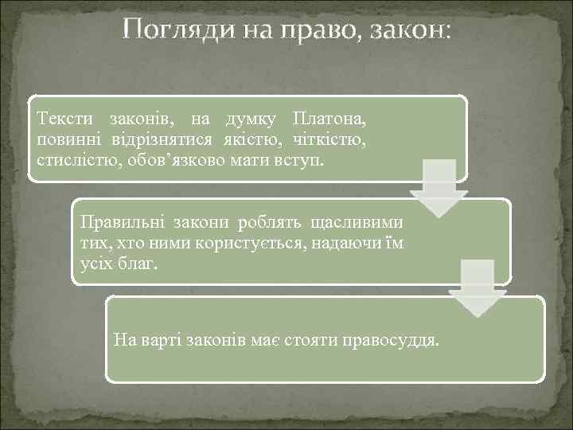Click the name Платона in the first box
click(x=329, y=120)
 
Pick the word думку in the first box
click(x=250, y=120)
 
